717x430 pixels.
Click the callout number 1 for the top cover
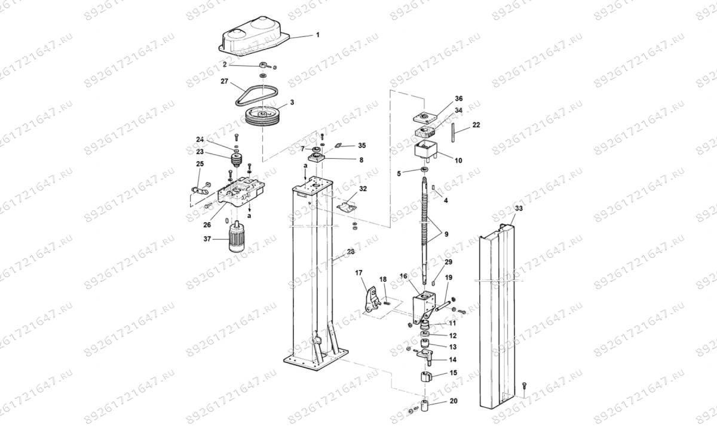[317, 35]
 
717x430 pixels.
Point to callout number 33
[518, 208]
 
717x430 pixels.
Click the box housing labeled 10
[427, 150]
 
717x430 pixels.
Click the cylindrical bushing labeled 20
[427, 407]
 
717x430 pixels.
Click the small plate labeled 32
[347, 205]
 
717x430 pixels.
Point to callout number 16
[403, 277]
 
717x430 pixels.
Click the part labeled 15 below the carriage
[426, 377]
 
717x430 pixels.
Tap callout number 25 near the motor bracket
[200, 164]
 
